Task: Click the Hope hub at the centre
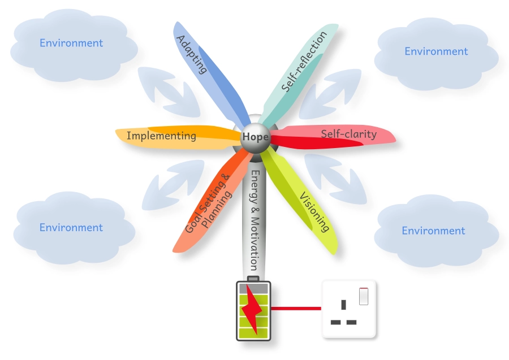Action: tap(255, 137)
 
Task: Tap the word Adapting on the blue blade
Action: tap(192, 55)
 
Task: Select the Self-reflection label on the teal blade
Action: tap(304, 62)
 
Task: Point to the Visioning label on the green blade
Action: tap(314, 212)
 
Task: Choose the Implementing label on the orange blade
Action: tap(161, 136)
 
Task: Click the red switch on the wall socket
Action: tap(364, 296)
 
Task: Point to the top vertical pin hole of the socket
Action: tap(343, 305)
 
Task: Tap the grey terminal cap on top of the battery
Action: tap(253, 279)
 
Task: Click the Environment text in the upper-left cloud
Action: tap(71, 43)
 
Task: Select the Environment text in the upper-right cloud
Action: tap(436, 51)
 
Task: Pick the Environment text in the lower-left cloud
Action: tap(71, 228)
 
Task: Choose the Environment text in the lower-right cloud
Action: tap(433, 231)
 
